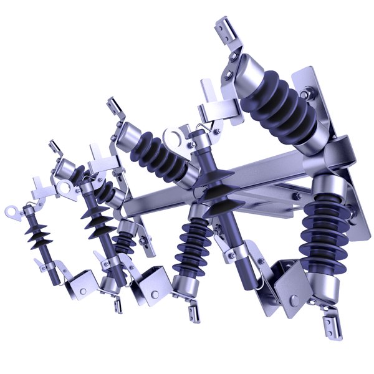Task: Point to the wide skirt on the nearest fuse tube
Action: pyautogui.click(x=216, y=187)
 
